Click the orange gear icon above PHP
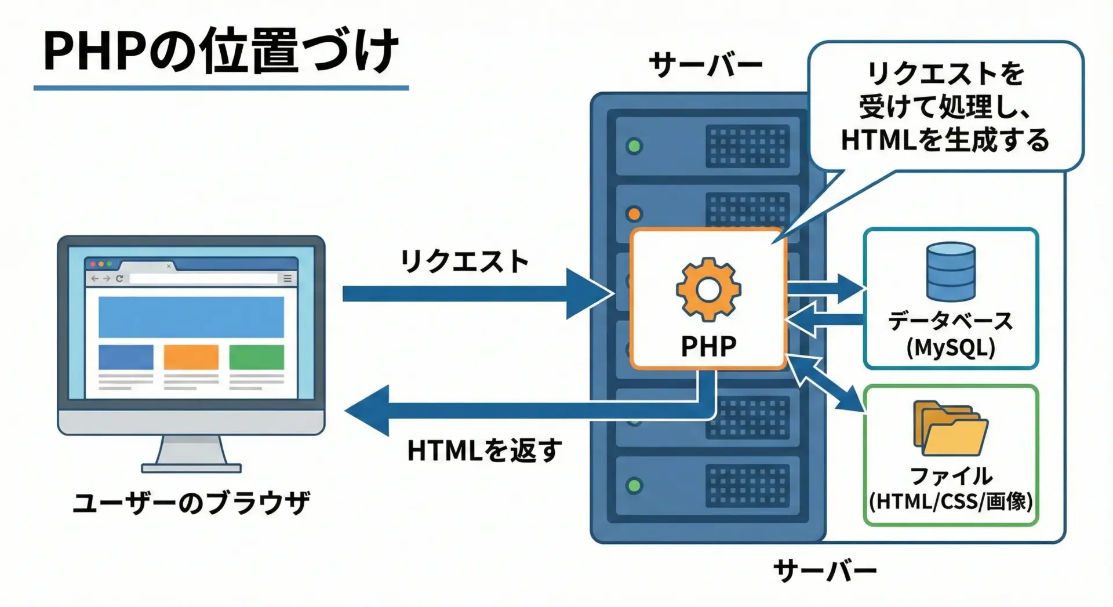[708, 289]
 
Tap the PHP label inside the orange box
[708, 346]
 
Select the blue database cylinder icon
[951, 271]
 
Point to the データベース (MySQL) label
[951, 334]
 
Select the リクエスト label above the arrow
[464, 261]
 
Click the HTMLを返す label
[484, 450]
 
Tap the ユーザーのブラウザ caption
[191, 503]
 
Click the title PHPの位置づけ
[221, 51]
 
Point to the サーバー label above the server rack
[705, 64]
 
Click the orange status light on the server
[634, 214]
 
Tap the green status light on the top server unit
[635, 146]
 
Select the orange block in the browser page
[191, 357]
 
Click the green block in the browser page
[256, 357]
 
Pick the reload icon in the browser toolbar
[119, 279]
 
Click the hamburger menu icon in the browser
[287, 279]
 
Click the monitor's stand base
[191, 467]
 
